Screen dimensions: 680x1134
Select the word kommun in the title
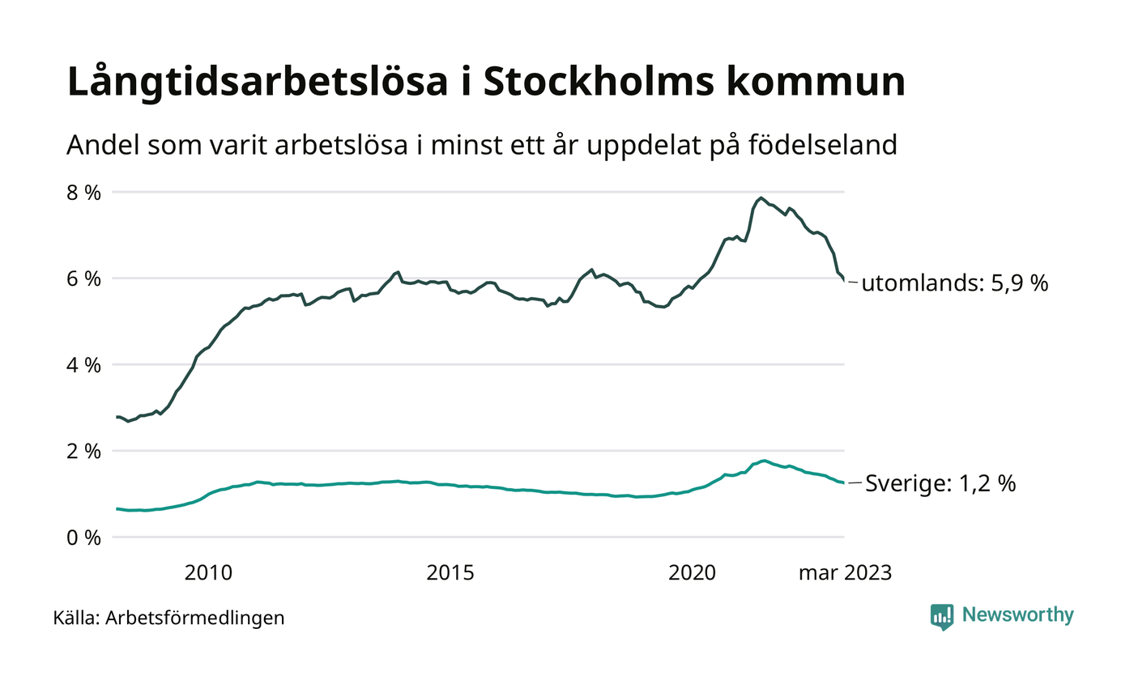(810, 83)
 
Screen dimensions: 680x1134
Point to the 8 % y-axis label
(84, 193)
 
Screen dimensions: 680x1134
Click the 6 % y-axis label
(84, 278)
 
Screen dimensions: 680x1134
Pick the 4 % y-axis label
(84, 365)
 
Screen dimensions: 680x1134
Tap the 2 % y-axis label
(84, 451)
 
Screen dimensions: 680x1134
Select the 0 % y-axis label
(84, 538)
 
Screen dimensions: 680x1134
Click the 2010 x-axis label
(208, 573)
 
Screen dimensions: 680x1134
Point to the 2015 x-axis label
(450, 573)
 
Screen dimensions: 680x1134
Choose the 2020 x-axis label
(692, 573)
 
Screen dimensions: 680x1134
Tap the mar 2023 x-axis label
(845, 573)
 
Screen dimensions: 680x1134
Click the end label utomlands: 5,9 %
(954, 283)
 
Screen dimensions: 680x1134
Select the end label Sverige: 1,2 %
(940, 484)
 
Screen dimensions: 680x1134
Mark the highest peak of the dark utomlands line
(761, 198)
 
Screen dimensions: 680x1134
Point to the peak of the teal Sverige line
(764, 461)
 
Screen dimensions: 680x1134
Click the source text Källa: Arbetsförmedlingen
(168, 618)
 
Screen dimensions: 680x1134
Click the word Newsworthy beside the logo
(1017, 615)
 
